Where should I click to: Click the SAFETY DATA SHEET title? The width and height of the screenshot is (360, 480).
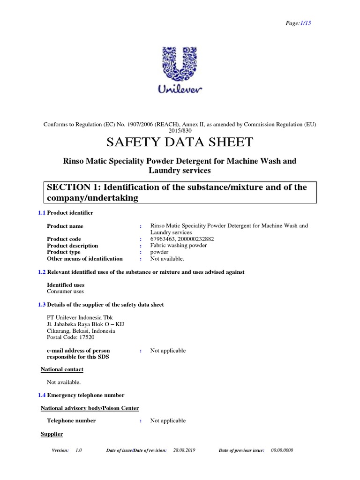tap(180, 142)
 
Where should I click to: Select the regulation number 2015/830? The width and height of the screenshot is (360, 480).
tap(180, 131)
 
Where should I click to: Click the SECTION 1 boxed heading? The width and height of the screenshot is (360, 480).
tap(180, 193)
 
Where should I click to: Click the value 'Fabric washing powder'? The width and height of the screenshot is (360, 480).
tap(178, 246)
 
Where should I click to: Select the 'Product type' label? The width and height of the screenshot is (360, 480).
tap(64, 252)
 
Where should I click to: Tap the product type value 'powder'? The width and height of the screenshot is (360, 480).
tap(159, 252)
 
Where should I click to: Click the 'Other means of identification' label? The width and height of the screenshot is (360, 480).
tap(84, 259)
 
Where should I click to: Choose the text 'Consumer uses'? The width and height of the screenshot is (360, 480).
tap(65, 292)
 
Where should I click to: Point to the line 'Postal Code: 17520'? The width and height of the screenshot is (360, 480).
tap(70, 337)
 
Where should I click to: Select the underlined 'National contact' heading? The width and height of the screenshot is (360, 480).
tap(62, 369)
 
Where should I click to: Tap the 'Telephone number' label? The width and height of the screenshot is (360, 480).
tap(71, 420)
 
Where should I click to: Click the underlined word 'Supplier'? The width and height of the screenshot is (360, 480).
tap(52, 435)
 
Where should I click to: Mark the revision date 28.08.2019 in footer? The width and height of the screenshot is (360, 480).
tap(184, 450)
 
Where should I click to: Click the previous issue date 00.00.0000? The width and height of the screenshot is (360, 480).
tap(282, 450)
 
